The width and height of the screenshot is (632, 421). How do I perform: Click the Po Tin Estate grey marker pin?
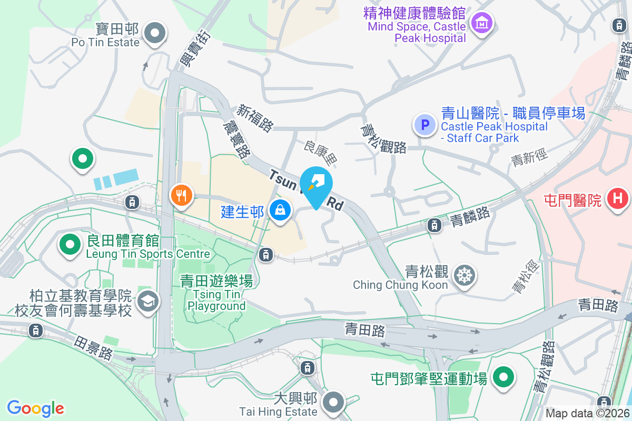155,34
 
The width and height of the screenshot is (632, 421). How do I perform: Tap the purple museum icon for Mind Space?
481,23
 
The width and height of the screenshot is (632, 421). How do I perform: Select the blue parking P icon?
425,125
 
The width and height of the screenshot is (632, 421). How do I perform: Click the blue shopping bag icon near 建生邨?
280,210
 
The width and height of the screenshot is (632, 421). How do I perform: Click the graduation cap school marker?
147,302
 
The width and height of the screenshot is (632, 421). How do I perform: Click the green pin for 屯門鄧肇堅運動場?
503,377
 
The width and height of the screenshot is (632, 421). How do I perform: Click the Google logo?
36,408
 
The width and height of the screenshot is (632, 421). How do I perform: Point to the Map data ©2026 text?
587,413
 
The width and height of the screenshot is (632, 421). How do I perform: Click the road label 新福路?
255,117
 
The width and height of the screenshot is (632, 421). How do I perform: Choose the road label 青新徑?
529,157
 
